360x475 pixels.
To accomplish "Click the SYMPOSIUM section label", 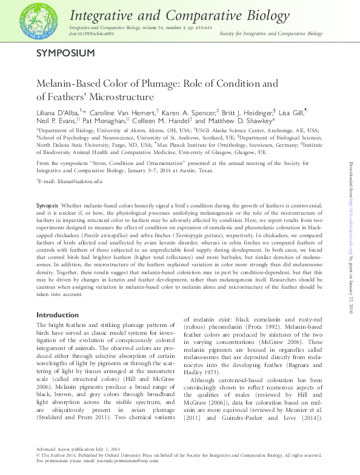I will (65, 53).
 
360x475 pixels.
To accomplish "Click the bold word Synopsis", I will (47, 206).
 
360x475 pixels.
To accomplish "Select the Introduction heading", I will (58, 315).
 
